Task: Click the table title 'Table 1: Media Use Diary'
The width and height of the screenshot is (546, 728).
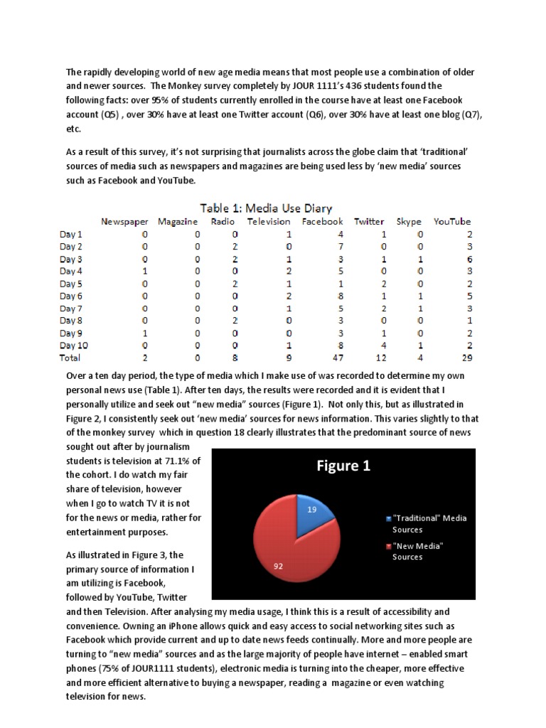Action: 266,208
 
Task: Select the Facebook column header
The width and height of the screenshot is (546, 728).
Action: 322,221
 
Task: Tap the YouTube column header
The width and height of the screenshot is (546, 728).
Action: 451,221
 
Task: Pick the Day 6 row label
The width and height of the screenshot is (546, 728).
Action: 71,296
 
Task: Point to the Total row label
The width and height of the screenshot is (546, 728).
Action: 70,358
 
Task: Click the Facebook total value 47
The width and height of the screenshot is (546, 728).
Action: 321,358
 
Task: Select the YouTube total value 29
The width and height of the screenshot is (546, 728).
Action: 466,358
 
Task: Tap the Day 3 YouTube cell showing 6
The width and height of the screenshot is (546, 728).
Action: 468,259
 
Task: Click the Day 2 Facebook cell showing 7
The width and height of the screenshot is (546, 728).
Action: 322,247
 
